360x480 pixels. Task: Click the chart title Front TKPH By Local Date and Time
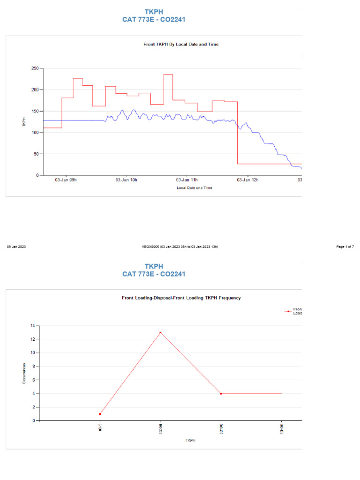point(180,45)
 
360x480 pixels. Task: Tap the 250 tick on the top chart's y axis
point(34,68)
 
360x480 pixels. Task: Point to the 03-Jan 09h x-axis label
point(66,180)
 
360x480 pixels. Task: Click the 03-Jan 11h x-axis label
point(187,180)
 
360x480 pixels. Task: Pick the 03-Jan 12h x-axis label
point(247,180)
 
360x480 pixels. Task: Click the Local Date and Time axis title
point(194,188)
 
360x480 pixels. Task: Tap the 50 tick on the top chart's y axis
point(36,154)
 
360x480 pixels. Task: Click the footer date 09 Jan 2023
point(16,247)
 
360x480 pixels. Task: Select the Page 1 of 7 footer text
point(345,247)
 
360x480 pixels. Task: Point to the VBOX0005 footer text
point(180,247)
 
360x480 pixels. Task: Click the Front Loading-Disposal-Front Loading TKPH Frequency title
point(181,298)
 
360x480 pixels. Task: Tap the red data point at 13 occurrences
point(160,332)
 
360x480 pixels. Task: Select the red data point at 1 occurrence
point(100,414)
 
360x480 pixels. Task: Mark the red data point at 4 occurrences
point(221,394)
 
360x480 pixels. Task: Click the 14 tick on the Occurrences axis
point(32,325)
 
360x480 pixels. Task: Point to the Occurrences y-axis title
point(24,374)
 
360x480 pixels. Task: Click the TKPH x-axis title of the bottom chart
point(190,441)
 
